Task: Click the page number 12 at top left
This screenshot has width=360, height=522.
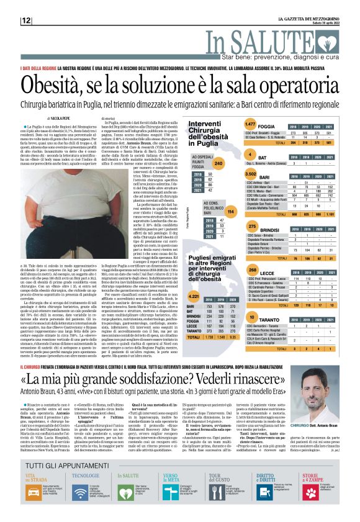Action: pyautogui.click(x=26, y=20)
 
